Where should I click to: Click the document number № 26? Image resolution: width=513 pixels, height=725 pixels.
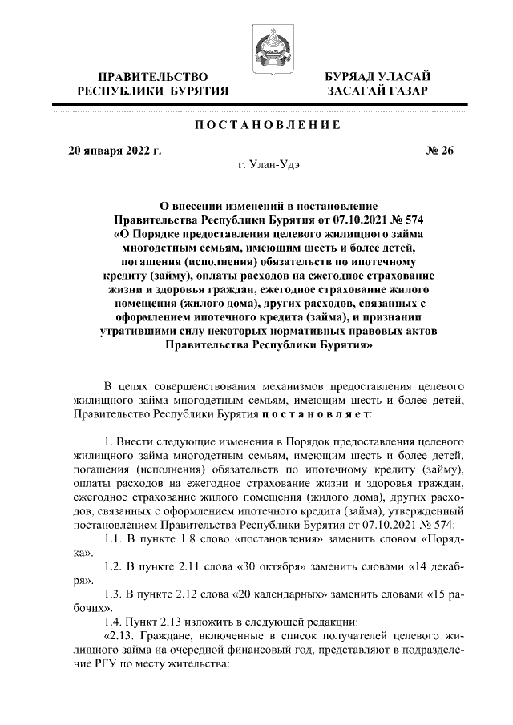pos(438,150)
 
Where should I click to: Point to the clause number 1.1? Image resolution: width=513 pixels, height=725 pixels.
pos(115,539)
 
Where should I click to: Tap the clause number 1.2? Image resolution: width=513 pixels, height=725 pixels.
pos(115,567)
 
